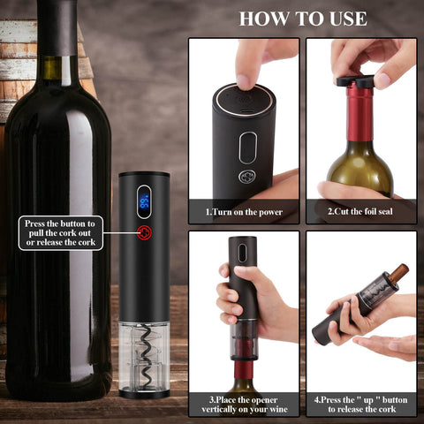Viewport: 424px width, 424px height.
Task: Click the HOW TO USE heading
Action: click(x=303, y=19)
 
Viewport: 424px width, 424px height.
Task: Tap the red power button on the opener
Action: click(x=144, y=233)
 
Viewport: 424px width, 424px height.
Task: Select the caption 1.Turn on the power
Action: click(x=244, y=213)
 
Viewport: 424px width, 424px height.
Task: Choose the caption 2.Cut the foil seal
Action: click(x=360, y=213)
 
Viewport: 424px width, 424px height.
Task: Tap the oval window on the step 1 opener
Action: click(x=248, y=147)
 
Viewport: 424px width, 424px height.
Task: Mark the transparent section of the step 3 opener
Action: click(x=243, y=340)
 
